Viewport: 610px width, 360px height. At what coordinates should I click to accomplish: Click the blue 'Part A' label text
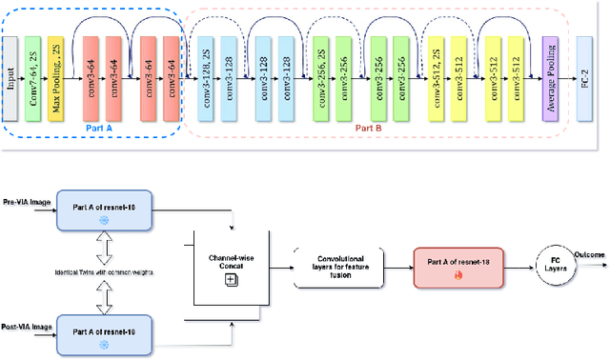(x=92, y=124)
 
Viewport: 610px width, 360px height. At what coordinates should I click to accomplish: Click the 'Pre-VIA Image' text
(x=28, y=203)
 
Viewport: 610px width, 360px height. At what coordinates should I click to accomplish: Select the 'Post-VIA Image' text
(x=29, y=326)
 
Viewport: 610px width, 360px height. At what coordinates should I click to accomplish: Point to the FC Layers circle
(x=555, y=263)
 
